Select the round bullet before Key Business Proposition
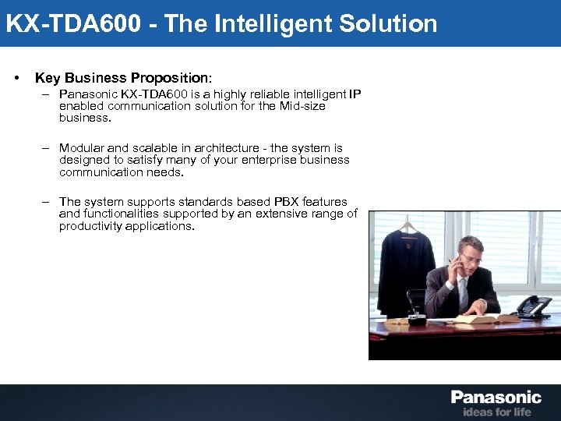[16, 79]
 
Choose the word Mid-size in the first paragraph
[301, 106]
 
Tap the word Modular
[82, 148]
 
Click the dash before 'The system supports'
[47, 202]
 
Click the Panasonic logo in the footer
[496, 398]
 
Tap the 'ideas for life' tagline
[497, 412]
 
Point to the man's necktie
[462, 294]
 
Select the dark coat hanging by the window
[406, 265]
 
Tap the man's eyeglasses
[467, 256]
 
